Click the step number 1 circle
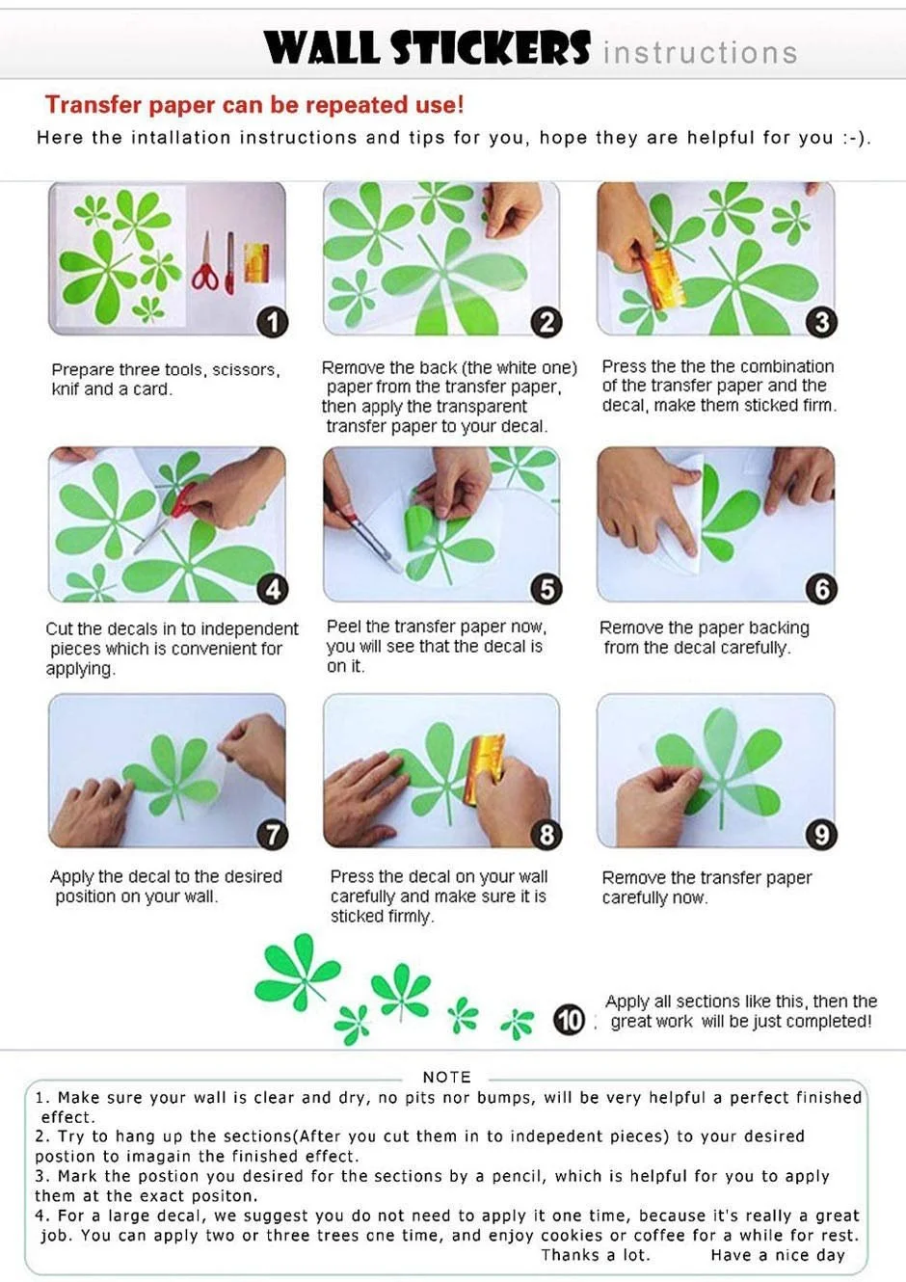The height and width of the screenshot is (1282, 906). tap(273, 322)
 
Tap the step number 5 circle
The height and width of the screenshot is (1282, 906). tap(546, 589)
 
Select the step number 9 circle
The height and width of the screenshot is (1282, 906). tap(821, 835)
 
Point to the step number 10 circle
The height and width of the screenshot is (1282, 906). tap(569, 1021)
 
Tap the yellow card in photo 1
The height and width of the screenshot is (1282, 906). tap(257, 263)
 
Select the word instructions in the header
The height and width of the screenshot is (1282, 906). tap(700, 53)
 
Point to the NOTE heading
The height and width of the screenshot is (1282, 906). tap(446, 1077)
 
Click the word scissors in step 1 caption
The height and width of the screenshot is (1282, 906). tap(245, 370)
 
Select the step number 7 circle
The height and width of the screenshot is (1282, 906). tap(273, 835)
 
